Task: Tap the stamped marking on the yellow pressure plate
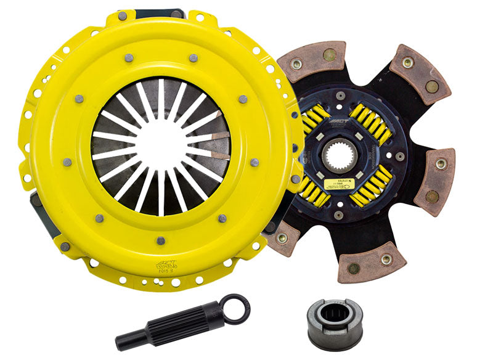point(166,264)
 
